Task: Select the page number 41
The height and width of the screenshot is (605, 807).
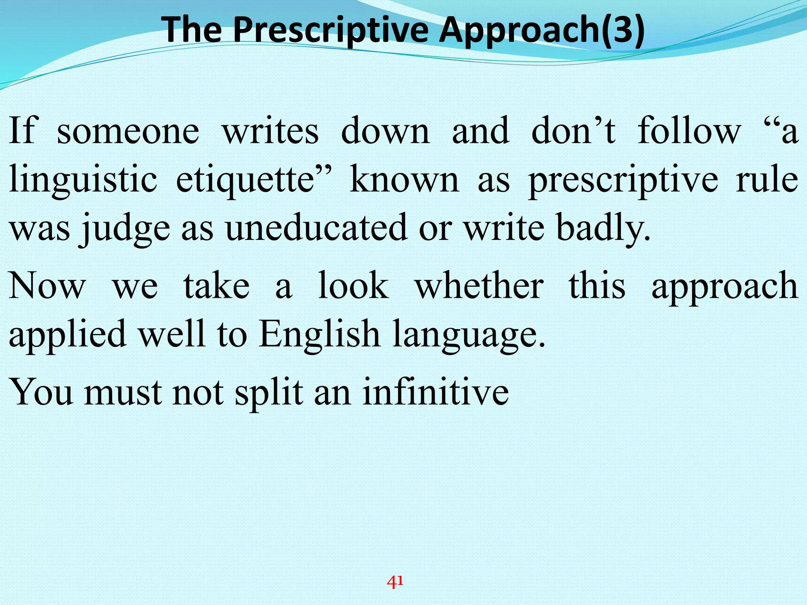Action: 395,581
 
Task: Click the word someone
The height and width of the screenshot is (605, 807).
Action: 128,131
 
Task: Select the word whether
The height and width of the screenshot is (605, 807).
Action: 479,286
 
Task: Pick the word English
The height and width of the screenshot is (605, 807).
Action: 319,334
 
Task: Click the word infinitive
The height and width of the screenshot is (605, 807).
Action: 435,392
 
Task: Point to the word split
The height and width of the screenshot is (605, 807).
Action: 269,392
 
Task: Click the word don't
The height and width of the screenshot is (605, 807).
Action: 573,131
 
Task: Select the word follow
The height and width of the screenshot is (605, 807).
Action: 689,131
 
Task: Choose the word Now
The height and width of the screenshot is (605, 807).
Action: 47,286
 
